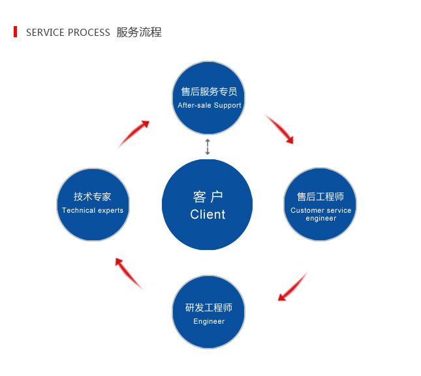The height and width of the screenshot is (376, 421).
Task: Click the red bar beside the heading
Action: click(x=15, y=32)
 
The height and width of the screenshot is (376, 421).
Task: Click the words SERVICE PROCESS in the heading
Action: click(x=68, y=33)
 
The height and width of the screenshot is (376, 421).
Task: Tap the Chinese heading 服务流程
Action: click(x=139, y=32)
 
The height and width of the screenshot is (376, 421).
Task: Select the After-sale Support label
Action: click(x=210, y=105)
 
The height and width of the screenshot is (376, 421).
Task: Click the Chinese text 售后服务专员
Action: click(x=209, y=92)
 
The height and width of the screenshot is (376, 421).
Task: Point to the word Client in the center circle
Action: click(x=208, y=215)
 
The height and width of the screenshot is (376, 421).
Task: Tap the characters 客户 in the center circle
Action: click(x=208, y=197)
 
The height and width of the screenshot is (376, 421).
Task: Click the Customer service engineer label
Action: click(x=320, y=214)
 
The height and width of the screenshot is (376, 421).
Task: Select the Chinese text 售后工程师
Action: click(x=320, y=196)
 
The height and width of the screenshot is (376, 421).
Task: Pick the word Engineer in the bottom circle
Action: click(x=209, y=321)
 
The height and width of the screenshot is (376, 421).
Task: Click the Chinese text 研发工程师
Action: click(x=209, y=307)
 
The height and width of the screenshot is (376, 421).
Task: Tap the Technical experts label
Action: click(x=93, y=210)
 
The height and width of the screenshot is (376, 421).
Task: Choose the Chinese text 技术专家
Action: click(x=93, y=196)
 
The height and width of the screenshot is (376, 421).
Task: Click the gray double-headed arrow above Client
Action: click(x=208, y=146)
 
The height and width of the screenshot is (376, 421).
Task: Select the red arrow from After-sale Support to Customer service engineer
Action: click(x=279, y=129)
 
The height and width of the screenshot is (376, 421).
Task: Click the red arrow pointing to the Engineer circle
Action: click(x=292, y=287)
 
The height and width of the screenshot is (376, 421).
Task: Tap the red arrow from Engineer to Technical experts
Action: click(x=128, y=272)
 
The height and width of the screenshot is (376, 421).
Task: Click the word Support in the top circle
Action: click(x=227, y=105)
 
